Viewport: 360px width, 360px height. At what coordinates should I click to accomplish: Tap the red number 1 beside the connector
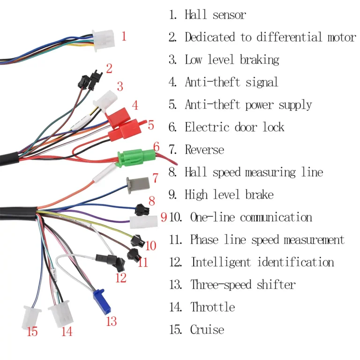coord(124,36)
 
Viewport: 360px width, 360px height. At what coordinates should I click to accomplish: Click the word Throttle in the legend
coord(212,307)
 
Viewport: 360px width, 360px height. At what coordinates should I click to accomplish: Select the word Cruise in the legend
coord(207,330)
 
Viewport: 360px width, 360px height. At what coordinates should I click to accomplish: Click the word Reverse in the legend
coord(204,150)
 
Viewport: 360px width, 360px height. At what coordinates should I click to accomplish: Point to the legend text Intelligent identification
coord(262,262)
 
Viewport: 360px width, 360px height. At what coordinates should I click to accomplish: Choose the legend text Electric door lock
coord(234,127)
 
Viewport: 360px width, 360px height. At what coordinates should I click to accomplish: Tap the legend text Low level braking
coord(232,60)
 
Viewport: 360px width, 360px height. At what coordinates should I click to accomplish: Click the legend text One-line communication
coord(251,217)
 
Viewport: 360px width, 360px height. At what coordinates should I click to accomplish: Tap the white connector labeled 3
coord(105,98)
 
